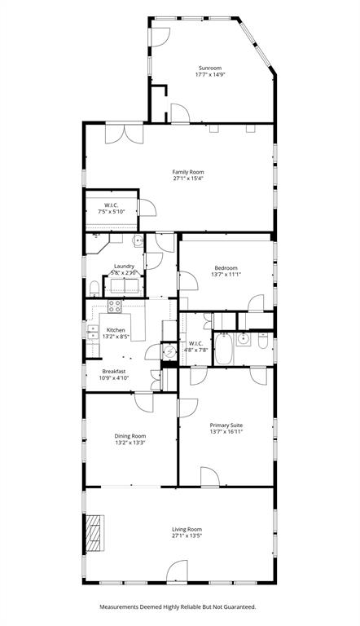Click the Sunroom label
point(210,68)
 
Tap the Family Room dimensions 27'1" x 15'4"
point(187,179)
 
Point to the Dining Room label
point(130,436)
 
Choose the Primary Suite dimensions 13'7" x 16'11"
point(226,431)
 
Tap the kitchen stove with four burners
point(115,307)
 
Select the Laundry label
point(124,266)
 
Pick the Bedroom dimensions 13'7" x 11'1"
point(226,275)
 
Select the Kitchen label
point(116,330)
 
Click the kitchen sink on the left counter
point(93,332)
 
